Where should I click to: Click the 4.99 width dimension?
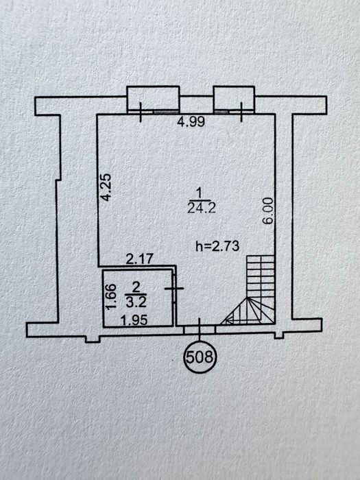(x=191, y=122)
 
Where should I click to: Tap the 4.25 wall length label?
(x=106, y=187)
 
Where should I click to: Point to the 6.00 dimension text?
(x=268, y=211)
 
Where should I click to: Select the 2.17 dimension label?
(x=140, y=259)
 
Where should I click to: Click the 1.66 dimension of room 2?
(x=111, y=297)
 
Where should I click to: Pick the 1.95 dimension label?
(x=134, y=320)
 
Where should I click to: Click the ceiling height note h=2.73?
(x=217, y=245)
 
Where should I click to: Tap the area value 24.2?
(x=202, y=208)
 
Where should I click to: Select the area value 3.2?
(x=136, y=302)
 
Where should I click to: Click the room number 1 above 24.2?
(x=200, y=193)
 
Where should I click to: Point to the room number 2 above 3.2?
(x=136, y=287)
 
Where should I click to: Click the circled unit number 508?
(x=200, y=357)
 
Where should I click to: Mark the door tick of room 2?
(x=174, y=289)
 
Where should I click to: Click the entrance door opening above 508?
(x=200, y=329)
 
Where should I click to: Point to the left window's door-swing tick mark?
(x=141, y=112)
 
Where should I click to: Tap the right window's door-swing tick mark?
(x=242, y=112)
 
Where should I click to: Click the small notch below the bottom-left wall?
(x=93, y=339)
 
